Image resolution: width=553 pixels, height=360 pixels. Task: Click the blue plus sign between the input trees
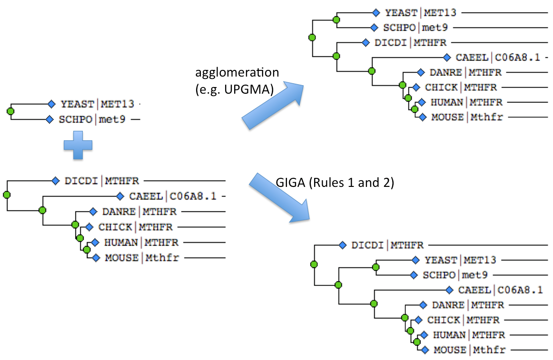[78, 145]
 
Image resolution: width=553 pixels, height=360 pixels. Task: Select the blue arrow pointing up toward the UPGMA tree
[273, 106]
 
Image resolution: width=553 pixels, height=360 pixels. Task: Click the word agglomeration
[237, 72]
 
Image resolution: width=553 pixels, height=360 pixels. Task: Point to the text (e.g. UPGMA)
[235, 89]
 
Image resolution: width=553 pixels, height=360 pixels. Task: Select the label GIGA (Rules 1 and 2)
[335, 183]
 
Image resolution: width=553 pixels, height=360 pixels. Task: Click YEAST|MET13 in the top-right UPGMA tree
[420, 13]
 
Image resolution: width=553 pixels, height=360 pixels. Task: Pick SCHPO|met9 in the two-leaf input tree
[92, 119]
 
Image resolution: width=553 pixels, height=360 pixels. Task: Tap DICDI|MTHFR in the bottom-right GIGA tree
[387, 245]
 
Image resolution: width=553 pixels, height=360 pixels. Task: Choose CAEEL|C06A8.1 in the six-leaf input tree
[173, 196]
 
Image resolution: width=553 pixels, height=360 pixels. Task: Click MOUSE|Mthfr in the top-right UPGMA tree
[467, 117]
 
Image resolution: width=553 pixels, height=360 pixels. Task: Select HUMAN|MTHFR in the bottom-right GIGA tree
[469, 335]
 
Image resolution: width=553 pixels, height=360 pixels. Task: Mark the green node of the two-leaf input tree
[10, 111]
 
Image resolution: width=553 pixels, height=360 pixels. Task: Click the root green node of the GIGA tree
[314, 264]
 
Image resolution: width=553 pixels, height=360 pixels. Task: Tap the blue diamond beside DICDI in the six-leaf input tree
[55, 181]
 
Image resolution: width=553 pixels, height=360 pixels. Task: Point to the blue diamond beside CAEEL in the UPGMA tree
[447, 57]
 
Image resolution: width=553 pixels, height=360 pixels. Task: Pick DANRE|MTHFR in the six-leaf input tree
[139, 212]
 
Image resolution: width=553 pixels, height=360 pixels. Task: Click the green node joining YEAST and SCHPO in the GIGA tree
[375, 267]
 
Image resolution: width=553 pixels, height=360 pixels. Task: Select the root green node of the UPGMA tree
[312, 38]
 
